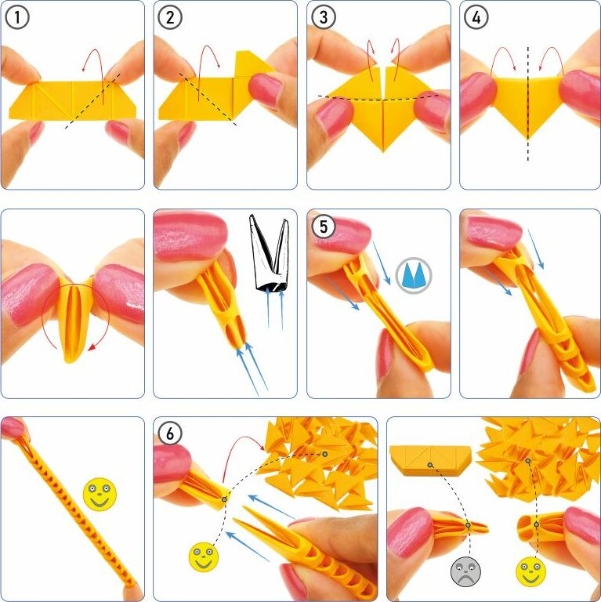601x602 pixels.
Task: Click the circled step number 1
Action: (18, 18)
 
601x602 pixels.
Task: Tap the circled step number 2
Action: (170, 18)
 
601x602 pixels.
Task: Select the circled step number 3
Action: (324, 18)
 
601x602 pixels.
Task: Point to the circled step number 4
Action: (476, 18)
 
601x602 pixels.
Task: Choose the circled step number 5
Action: (324, 227)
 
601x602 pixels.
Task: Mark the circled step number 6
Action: (169, 433)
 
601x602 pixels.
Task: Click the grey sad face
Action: (465, 572)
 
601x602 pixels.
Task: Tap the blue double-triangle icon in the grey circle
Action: (413, 275)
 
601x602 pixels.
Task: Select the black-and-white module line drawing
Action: (270, 253)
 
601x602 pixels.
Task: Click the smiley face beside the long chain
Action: (100, 494)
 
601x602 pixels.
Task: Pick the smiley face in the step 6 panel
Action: (204, 557)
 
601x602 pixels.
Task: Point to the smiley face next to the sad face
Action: (530, 572)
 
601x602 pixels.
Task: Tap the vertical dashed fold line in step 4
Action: (528, 103)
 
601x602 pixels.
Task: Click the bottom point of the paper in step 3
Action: (383, 151)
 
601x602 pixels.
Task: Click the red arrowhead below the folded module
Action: (92, 347)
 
